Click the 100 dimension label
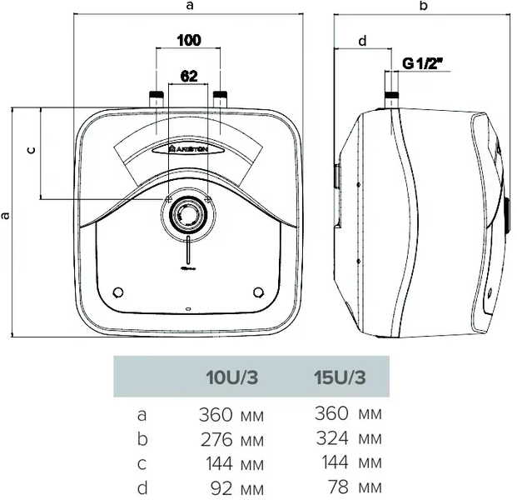click(x=189, y=40)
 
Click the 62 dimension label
click(x=189, y=76)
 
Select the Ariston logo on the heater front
click(x=188, y=149)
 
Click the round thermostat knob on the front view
click(x=188, y=215)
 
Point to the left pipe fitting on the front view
click(x=157, y=99)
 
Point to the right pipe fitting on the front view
click(x=221, y=99)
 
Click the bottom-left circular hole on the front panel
click(x=118, y=292)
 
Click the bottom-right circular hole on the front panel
click(x=258, y=292)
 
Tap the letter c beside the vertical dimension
click(x=31, y=151)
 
